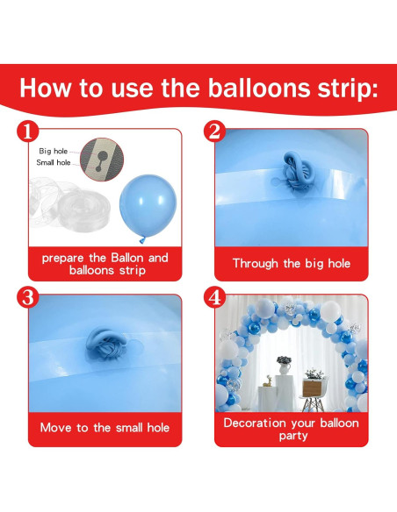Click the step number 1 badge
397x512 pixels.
pyautogui.click(x=28, y=132)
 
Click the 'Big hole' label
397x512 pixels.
pyautogui.click(x=54, y=151)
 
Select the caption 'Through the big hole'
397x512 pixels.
pyautogui.click(x=291, y=263)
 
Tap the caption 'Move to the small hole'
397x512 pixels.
pyautogui.click(x=105, y=428)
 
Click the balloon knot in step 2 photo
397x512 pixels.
pyautogui.click(x=289, y=167)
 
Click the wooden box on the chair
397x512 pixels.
pyautogui.click(x=314, y=387)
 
